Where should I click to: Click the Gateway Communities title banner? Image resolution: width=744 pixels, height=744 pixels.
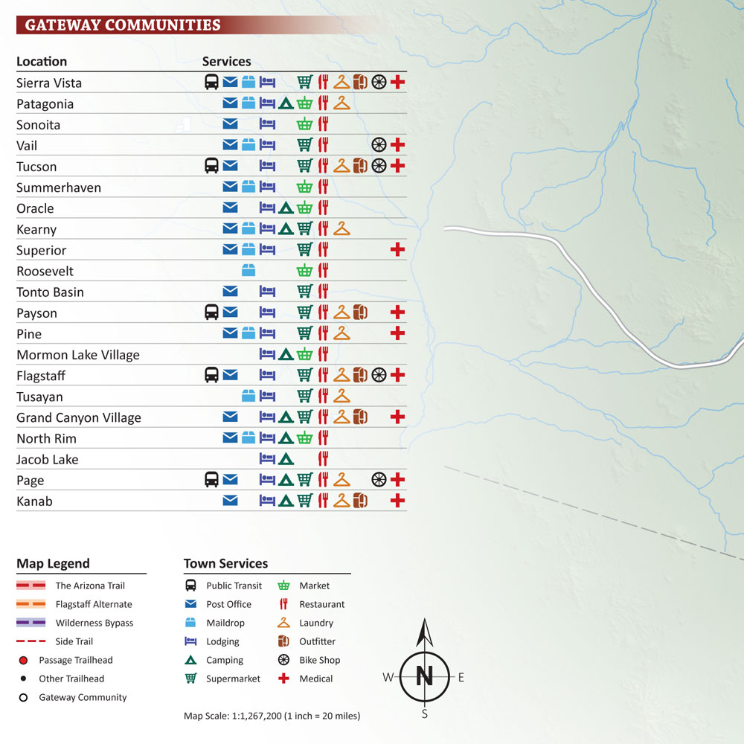coord(123,25)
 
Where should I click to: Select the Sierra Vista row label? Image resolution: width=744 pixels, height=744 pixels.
coord(49,83)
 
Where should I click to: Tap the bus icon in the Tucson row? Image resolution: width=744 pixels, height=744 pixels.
coord(211,166)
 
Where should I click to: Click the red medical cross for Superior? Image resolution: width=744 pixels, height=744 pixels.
coord(397,250)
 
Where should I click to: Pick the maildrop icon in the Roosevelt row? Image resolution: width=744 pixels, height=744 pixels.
coord(248,271)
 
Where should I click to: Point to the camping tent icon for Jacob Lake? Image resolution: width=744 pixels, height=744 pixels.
coord(286,459)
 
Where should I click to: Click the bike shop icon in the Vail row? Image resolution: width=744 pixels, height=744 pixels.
coord(379,145)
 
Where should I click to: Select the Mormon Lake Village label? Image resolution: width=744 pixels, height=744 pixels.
coord(78,355)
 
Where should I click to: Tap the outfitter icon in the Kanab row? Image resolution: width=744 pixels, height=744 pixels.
coord(360,501)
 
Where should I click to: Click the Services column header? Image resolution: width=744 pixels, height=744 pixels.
coord(226,62)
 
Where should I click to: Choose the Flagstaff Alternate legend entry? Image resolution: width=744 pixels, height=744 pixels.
coord(94,604)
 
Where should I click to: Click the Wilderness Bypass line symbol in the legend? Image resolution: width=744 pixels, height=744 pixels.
coord(31,623)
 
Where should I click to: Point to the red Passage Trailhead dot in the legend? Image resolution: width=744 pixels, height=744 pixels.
coord(24,660)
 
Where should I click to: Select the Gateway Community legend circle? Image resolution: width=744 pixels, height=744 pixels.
coord(24,697)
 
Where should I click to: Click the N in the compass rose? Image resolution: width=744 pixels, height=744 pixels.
coord(424,676)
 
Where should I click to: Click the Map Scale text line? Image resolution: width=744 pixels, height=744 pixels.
coord(272,716)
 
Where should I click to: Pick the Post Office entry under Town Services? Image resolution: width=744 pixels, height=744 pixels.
coord(228,604)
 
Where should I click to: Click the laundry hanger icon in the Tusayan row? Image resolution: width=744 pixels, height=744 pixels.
coord(341,396)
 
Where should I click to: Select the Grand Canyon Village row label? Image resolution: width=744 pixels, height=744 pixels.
coord(79,417)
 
